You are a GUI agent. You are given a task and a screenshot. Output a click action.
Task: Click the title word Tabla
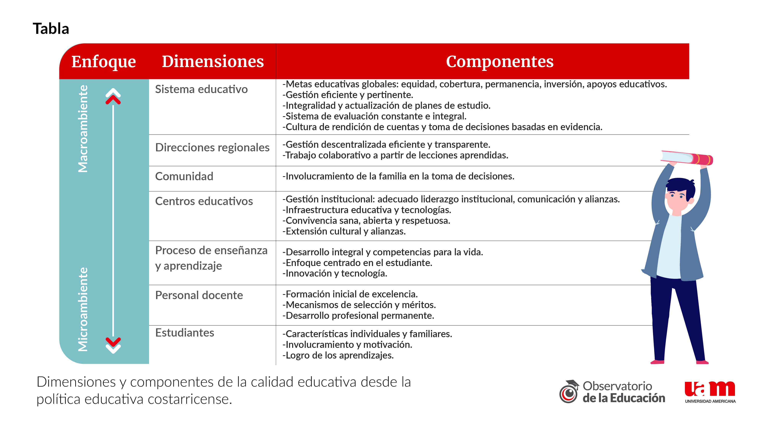pyautogui.click(x=51, y=29)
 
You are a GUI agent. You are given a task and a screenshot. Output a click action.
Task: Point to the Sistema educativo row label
pyautogui.click(x=201, y=89)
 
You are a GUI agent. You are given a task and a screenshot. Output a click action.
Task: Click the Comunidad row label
pyautogui.click(x=184, y=176)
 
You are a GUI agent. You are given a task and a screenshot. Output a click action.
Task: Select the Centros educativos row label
pyautogui.click(x=204, y=201)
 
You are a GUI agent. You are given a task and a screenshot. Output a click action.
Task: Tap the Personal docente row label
pyautogui.click(x=199, y=295)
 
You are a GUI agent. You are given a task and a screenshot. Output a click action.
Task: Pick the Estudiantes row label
pyautogui.click(x=185, y=333)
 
